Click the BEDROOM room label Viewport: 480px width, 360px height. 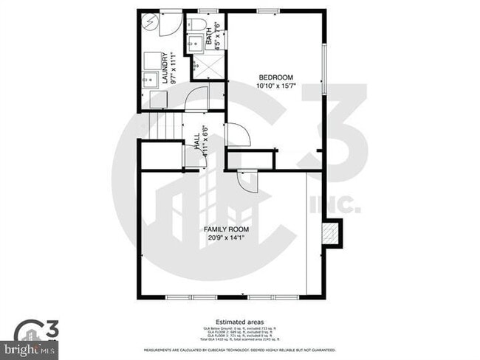pos(276,77)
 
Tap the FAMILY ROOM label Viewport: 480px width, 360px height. pos(226,229)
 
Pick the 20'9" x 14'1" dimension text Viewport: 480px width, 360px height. pos(226,238)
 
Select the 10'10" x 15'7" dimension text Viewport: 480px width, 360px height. pos(276,86)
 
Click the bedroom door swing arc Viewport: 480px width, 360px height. pos(239,136)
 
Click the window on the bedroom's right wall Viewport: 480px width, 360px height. pos(325,70)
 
